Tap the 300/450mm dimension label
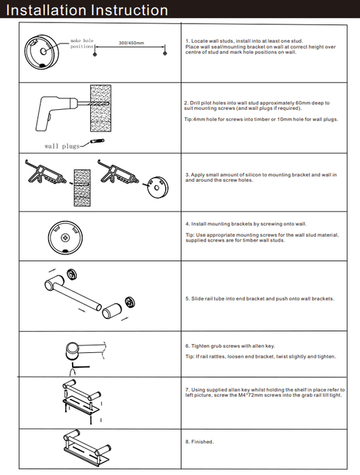pos(131,43)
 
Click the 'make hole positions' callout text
pos(82,43)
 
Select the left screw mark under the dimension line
pos(94,54)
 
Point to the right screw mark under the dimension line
pos(165,54)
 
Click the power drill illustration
pos(58,112)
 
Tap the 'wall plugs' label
pos(62,146)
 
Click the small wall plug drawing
pos(97,141)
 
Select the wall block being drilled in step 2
pos(101,109)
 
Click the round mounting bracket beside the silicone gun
pos(158,187)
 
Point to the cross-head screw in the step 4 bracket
pos(65,237)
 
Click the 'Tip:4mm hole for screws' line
pos(261,119)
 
